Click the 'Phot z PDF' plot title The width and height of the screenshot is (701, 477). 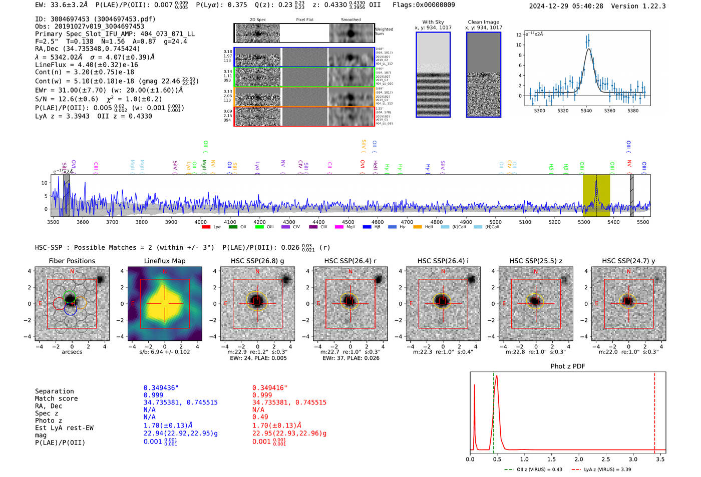(568, 366)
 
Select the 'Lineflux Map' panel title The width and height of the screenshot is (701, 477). (164, 261)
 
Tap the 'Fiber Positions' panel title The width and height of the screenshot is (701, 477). (72, 261)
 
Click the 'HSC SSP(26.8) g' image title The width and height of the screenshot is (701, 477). (257, 261)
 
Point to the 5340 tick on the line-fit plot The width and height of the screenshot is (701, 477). (586, 111)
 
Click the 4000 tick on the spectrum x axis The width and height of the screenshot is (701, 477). (200, 222)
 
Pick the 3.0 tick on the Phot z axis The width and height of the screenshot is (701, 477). (633, 459)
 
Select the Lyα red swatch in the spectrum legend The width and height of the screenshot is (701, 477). (206, 227)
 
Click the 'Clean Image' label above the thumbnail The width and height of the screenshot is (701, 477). (484, 22)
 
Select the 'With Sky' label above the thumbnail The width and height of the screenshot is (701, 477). (433, 22)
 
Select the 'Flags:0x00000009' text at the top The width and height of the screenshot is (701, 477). (424, 5)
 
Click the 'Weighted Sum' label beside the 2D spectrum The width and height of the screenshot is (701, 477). (384, 32)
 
